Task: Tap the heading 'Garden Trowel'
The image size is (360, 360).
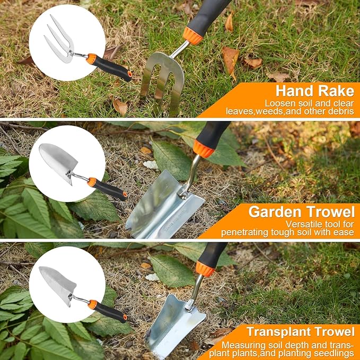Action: (301, 212)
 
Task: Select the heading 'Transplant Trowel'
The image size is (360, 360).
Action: (300, 332)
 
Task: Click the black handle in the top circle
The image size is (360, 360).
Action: (113, 69)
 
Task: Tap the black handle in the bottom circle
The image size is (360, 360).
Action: (111, 313)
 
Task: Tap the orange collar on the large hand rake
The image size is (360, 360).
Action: (192, 36)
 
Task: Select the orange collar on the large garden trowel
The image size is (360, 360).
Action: (203, 149)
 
